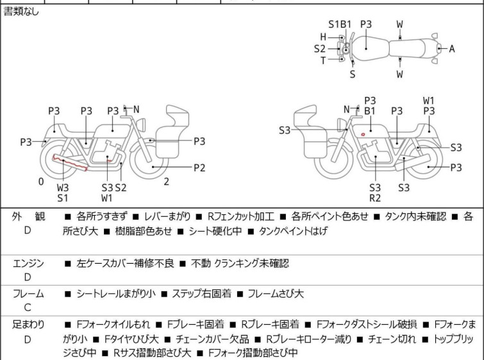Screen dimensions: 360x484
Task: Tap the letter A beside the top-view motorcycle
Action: [451, 49]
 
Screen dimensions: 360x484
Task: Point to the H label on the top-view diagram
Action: [323, 37]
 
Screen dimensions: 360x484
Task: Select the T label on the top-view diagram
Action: [323, 60]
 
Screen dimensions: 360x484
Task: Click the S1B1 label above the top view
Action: [340, 24]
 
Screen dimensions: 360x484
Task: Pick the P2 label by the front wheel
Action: [199, 167]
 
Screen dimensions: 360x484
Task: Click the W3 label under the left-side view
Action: [62, 187]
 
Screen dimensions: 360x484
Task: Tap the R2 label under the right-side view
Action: [374, 198]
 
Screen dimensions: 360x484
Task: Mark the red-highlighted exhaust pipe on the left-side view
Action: [70, 163]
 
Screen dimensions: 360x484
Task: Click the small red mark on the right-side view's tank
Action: [363, 134]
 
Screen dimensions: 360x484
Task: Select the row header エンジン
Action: [29, 263]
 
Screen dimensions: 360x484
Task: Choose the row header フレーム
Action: [29, 294]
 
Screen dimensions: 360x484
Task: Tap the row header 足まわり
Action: [29, 325]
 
